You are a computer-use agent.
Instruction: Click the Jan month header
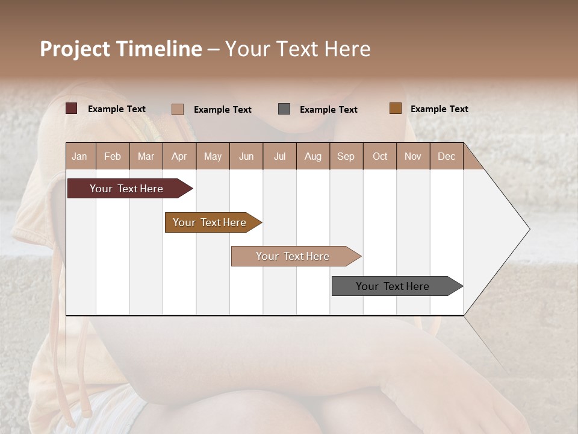pyautogui.click(x=79, y=156)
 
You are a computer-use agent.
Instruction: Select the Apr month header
pyautogui.click(x=179, y=156)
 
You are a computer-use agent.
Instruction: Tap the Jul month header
pyautogui.click(x=279, y=156)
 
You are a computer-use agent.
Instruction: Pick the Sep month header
pyautogui.click(x=346, y=156)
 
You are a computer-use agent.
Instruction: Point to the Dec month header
pyautogui.click(x=446, y=156)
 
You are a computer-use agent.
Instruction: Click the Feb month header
pyautogui.click(x=113, y=156)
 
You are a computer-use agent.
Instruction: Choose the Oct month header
pyautogui.click(x=380, y=156)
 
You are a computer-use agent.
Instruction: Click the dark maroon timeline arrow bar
pyautogui.click(x=126, y=189)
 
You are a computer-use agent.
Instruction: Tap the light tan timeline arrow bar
pyautogui.click(x=293, y=256)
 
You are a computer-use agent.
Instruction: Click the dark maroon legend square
pyautogui.click(x=72, y=108)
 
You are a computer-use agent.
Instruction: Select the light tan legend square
pyautogui.click(x=178, y=109)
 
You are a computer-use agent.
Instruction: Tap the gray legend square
pyautogui.click(x=284, y=109)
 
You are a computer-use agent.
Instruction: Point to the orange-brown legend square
pyautogui.click(x=396, y=108)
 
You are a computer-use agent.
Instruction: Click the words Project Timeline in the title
pyautogui.click(x=121, y=49)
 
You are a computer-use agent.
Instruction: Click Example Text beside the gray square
pyautogui.click(x=329, y=110)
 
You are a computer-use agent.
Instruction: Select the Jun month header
pyautogui.click(x=246, y=156)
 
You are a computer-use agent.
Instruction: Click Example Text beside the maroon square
pyautogui.click(x=117, y=109)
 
